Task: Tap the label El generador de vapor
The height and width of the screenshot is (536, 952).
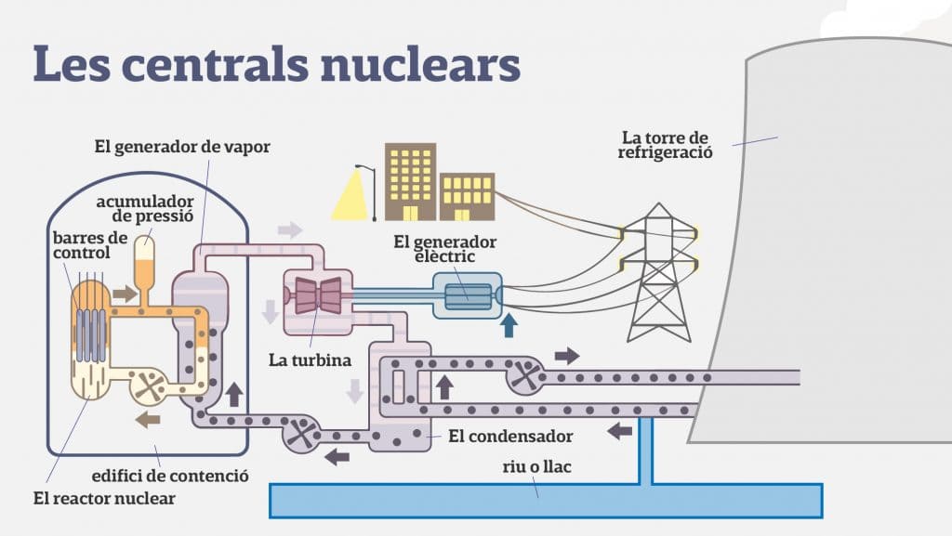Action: coord(182,147)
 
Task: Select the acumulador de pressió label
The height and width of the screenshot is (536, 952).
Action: coord(145,209)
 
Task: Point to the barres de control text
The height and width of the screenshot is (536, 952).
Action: coord(90,245)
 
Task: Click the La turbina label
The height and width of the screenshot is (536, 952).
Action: coord(311,360)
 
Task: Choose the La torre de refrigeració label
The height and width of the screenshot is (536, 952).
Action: coord(666,146)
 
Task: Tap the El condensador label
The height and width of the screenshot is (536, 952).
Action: coord(510,437)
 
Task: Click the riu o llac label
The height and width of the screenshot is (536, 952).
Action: coord(536,467)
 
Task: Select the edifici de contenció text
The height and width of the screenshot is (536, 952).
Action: coord(170,476)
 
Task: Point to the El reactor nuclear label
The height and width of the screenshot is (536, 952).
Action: coord(104,499)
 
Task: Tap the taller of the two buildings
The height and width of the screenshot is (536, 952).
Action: coord(410,182)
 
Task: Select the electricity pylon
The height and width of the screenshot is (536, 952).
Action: coord(659,273)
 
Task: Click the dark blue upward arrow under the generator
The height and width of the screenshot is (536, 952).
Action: coord(509,325)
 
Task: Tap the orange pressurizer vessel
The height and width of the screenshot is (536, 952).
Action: coord(144,267)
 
